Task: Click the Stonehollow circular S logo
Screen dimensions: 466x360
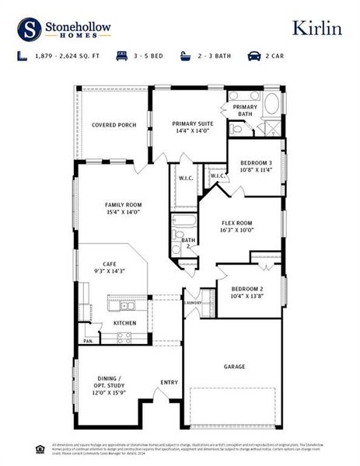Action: [x=30, y=30]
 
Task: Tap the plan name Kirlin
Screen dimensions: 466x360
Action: [x=316, y=28]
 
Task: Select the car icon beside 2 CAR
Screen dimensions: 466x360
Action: [x=253, y=56]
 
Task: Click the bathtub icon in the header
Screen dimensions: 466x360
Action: [x=186, y=56]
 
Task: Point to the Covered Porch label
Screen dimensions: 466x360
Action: [x=114, y=124]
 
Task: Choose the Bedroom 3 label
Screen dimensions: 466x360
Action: [x=256, y=166]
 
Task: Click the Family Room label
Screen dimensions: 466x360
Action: [x=123, y=209]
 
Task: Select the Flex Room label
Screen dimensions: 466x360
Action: [x=241, y=226]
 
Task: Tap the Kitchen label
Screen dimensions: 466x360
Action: [x=125, y=323]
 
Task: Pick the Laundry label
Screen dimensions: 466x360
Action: [x=194, y=303]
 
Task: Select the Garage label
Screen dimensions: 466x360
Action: [x=234, y=367]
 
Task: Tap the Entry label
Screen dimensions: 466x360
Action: [x=169, y=382]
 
